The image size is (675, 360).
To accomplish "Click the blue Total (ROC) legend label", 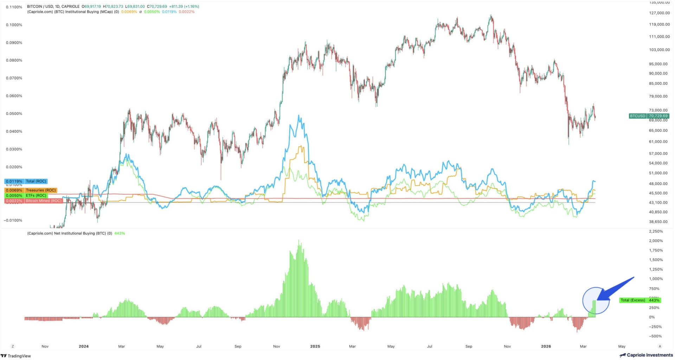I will click(x=36, y=181).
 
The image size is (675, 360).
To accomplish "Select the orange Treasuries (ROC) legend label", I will click(x=41, y=190).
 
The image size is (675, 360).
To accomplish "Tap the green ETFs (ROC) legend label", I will click(x=36, y=195).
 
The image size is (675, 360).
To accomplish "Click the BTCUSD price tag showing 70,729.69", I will click(x=649, y=116).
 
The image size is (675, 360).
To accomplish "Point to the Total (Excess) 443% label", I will click(x=639, y=300).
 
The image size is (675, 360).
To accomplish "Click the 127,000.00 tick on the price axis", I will click(x=659, y=13).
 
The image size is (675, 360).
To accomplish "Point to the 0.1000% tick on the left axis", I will click(x=14, y=25).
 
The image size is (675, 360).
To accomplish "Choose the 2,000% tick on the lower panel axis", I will click(x=656, y=241).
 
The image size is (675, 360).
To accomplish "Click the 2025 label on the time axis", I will click(x=315, y=346).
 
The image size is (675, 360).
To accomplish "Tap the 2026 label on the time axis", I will click(x=546, y=346).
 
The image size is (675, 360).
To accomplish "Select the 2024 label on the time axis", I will click(x=84, y=346).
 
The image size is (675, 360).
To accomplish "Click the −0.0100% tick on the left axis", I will click(x=13, y=220).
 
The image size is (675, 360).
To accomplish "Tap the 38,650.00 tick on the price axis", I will click(x=658, y=222).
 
